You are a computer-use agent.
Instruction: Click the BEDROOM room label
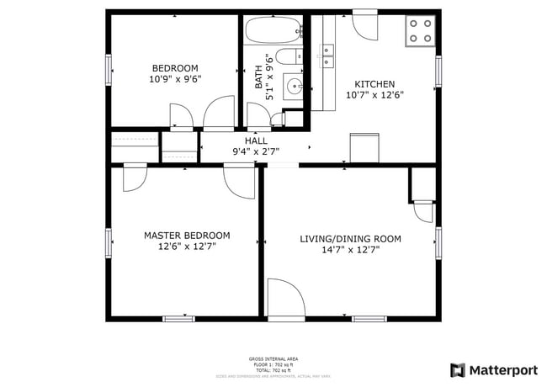174,68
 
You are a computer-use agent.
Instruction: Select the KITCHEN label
374,83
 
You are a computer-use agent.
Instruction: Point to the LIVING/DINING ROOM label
350,239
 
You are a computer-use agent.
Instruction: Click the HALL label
257,140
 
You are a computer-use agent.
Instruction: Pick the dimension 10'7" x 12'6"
374,95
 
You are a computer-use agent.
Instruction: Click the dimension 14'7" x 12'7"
350,250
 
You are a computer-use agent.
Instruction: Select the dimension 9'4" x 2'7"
256,152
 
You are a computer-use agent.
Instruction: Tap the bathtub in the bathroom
273,32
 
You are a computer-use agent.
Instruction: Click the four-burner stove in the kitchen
421,30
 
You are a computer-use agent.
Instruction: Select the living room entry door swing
284,299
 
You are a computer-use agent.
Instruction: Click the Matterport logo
494,370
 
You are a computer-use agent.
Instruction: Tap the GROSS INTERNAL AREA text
273,359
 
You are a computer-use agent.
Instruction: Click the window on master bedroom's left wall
109,242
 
